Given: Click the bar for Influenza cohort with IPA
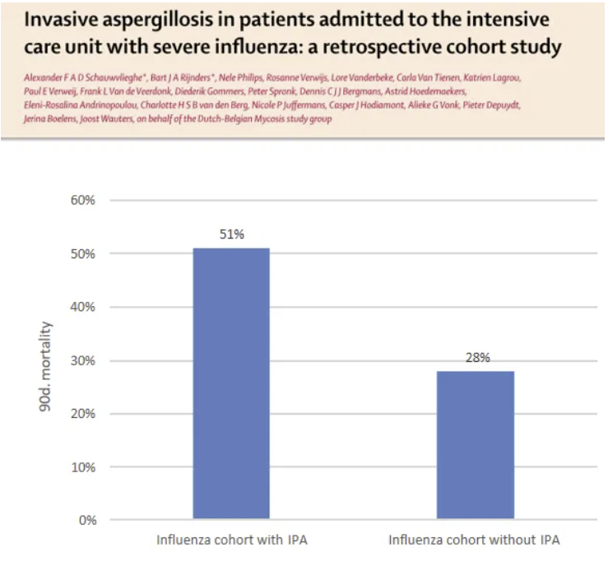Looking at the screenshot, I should [x=230, y=383].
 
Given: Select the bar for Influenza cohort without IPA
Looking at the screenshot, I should [x=475, y=445].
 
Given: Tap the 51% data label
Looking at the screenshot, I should [x=231, y=234].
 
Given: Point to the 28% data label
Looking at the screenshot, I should [x=476, y=357].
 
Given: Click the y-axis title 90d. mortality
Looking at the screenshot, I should [x=48, y=361].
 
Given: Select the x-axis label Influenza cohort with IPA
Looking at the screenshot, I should [x=231, y=540].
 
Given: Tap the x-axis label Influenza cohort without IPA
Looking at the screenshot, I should [x=475, y=540].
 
